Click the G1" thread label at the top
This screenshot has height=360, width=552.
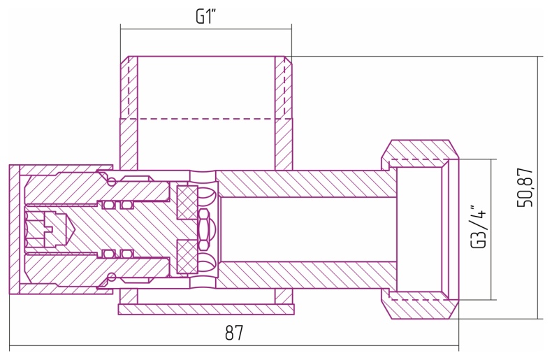click(205, 16)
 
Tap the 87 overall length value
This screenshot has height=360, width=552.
click(234, 333)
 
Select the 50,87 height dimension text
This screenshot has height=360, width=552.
click(525, 187)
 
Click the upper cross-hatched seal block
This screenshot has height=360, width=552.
click(187, 202)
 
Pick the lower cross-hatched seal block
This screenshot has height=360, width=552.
click(187, 257)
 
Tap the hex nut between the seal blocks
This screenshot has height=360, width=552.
click(203, 229)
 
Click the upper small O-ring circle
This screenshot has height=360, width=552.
click(112, 182)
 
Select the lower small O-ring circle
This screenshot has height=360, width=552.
click(112, 277)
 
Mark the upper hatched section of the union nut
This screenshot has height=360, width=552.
click(419, 150)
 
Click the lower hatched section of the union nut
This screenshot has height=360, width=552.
click(419, 309)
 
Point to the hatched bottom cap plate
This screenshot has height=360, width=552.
click(206, 309)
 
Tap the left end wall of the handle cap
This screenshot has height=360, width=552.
click(15, 229)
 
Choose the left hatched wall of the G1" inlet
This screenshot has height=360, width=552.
click(129, 113)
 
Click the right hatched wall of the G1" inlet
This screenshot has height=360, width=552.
click(284, 113)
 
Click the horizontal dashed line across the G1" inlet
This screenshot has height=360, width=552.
click(206, 119)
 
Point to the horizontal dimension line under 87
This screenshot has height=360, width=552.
click(234, 347)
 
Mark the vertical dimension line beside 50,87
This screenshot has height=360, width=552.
click(538, 187)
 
